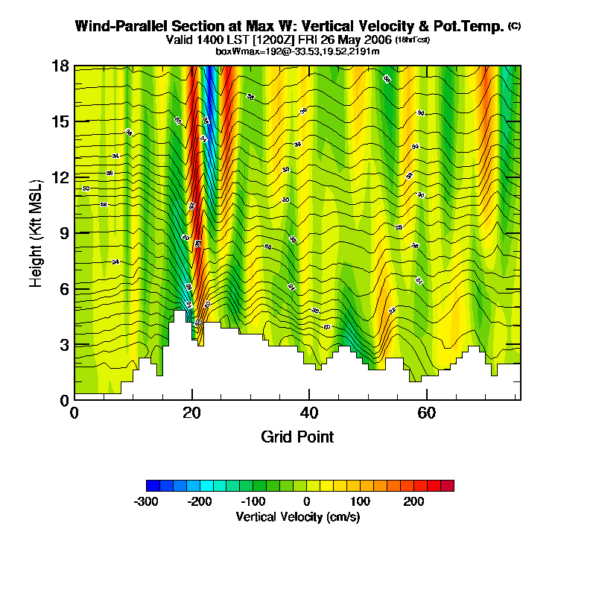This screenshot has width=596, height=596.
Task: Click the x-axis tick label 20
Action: click(x=191, y=413)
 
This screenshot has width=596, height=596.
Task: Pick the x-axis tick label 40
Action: click(x=308, y=413)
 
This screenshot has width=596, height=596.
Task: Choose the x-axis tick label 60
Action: click(x=425, y=413)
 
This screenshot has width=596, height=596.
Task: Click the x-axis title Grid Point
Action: click(x=297, y=437)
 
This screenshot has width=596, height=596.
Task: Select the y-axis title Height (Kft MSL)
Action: click(x=36, y=233)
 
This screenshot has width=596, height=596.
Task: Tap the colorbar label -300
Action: click(x=146, y=501)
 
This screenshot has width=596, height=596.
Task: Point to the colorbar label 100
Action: click(x=361, y=501)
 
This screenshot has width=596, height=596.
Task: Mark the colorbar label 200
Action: click(x=414, y=501)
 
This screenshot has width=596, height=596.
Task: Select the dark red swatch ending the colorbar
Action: click(x=447, y=486)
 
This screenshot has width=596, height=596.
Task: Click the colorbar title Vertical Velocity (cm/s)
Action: click(x=297, y=516)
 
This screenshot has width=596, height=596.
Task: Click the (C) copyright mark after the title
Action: click(x=514, y=25)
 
